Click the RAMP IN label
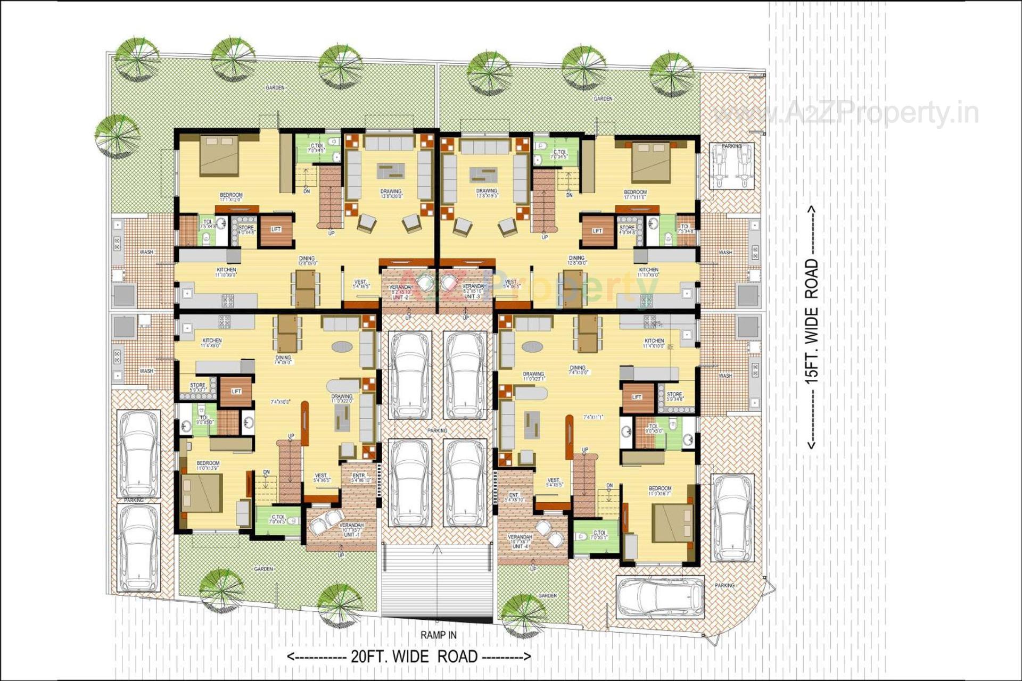pos(438,635)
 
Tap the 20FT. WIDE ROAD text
pos(409,657)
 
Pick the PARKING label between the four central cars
pos(437,430)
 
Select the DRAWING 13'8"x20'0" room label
pos(391,194)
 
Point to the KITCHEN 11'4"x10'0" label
pos(654,343)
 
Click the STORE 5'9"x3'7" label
pos(197,387)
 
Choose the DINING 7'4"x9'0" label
pos(283,360)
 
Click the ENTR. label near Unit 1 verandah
pos(359,478)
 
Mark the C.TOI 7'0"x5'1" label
pos(599,535)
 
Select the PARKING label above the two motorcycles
pos(731,146)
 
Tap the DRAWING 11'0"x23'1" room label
pos(533,376)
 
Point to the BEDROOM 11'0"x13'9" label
pos(208,466)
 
